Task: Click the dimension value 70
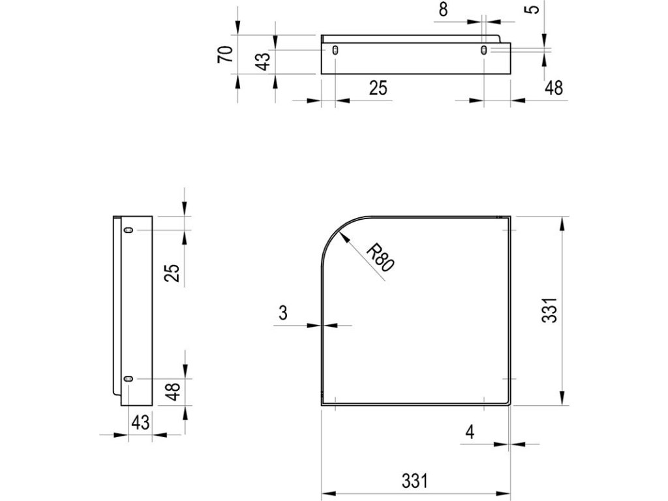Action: [225, 55]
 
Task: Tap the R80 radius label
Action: [380, 257]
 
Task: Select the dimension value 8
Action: [444, 9]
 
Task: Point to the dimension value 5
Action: [534, 8]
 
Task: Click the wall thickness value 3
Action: [283, 312]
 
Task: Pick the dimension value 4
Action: [470, 432]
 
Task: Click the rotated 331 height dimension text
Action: [549, 310]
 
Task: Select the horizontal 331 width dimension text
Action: [414, 481]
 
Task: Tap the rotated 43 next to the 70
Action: [263, 62]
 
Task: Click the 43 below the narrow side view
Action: [140, 423]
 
